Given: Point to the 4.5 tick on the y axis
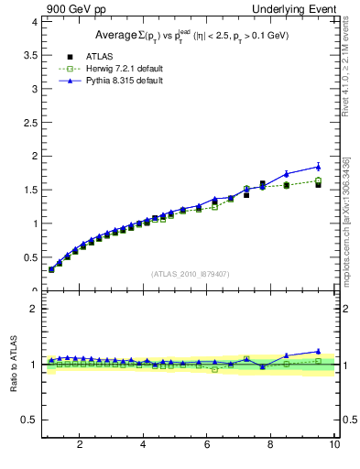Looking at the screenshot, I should (x=30, y=21).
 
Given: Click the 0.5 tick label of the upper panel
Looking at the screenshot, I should (x=30, y=256).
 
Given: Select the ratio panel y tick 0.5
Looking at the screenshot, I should (x=30, y=420).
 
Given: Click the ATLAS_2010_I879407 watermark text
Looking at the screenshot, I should (x=189, y=273).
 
